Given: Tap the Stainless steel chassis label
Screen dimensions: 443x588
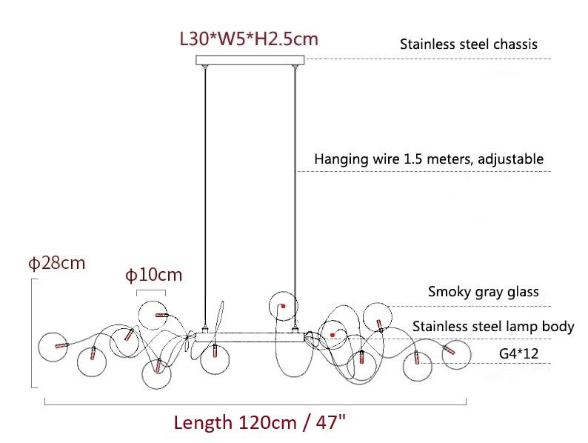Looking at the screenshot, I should pyautogui.click(x=468, y=44).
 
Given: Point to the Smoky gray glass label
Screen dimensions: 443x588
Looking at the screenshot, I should pyautogui.click(x=483, y=292).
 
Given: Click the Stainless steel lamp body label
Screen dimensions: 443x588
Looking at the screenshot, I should pyautogui.click(x=492, y=327).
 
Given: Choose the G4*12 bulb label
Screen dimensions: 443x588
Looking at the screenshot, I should pyautogui.click(x=518, y=354).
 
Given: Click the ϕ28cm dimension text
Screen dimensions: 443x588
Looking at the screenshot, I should pyautogui.click(x=57, y=263).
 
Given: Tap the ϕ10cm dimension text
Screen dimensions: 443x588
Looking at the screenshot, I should pyautogui.click(x=153, y=276).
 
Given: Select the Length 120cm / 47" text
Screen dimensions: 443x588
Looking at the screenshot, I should pyautogui.click(x=260, y=423).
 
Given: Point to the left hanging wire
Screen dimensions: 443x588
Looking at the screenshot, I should pyautogui.click(x=204, y=193).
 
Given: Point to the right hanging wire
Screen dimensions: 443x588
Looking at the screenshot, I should pyautogui.click(x=296, y=193).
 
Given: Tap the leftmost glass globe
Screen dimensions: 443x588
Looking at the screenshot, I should pyautogui.click(x=54, y=346).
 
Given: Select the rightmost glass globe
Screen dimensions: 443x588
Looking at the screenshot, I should pyautogui.click(x=456, y=354).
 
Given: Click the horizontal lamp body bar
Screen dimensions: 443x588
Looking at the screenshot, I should pyautogui.click(x=250, y=336).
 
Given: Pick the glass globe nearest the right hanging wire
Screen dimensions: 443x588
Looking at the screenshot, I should pyautogui.click(x=284, y=305).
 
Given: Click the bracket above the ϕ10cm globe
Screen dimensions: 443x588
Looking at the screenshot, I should pyautogui.click(x=152, y=291).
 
